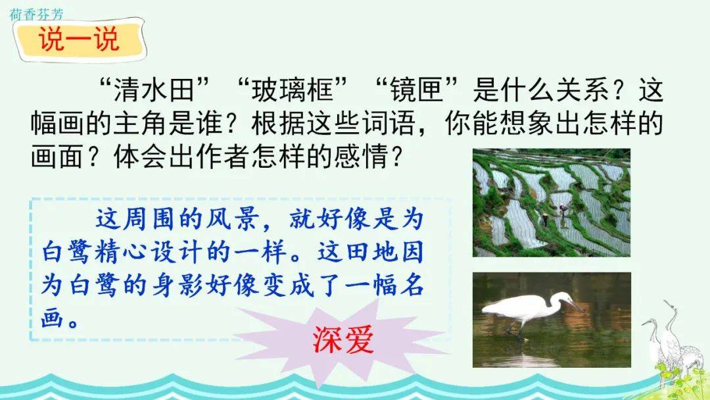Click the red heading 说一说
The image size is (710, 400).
pos(79,39)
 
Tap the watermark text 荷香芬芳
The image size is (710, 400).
pos(36,14)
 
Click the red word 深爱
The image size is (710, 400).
pos(343,339)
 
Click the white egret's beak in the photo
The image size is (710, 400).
pos(575,305)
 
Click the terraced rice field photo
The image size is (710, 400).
pos(552,203)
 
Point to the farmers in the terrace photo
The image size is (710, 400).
pos(554,216)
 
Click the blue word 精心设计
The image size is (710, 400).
pos(150,253)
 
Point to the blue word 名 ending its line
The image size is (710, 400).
pos(411,286)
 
